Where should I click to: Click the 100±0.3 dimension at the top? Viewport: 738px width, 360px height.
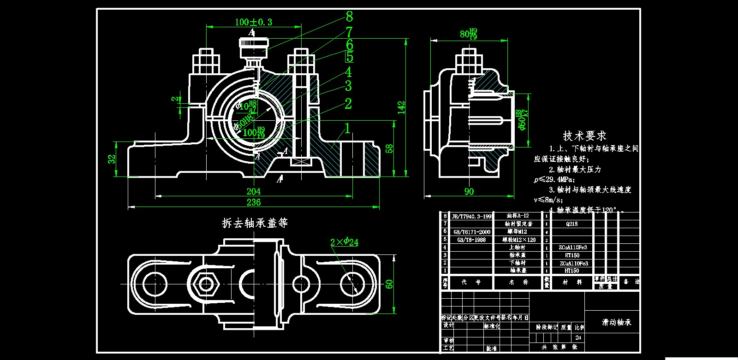[x=253, y=22]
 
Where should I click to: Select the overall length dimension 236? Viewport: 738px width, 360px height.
[x=253, y=202]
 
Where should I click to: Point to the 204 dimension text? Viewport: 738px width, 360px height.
[x=253, y=191]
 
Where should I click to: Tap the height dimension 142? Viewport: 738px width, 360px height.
[x=401, y=107]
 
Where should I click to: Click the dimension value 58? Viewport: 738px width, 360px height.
[x=389, y=148]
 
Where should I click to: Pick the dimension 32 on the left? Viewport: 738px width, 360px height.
[x=112, y=159]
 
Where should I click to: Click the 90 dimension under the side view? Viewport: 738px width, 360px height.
[x=469, y=191]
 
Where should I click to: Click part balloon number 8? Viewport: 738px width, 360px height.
[x=349, y=17]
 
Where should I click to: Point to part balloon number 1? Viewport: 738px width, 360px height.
[x=347, y=129]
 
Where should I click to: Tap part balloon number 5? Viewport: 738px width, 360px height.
[x=350, y=57]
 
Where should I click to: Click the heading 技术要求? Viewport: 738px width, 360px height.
[x=584, y=136]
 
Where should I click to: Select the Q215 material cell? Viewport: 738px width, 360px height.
[x=571, y=224]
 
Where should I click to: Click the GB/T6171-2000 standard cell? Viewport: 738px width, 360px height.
[x=471, y=232]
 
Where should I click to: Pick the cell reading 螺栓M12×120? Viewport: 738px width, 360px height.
[x=519, y=240]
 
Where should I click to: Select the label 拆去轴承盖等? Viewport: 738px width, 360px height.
[x=255, y=223]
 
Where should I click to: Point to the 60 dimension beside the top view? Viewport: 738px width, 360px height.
[x=389, y=284]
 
